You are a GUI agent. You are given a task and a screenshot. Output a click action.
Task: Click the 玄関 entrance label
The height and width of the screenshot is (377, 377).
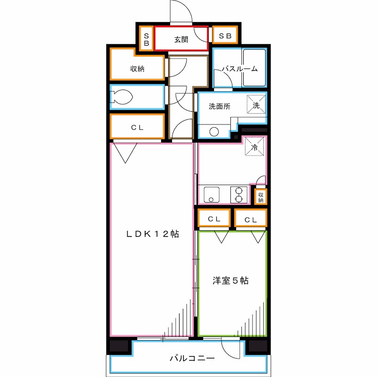pos(181,40)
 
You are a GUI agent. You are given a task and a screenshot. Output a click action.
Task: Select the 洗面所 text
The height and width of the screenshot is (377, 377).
pos(220,107)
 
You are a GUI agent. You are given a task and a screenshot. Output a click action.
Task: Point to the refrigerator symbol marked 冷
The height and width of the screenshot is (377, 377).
pos(254,148)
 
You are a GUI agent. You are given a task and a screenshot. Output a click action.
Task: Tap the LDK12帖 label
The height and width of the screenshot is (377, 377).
pos(152,234)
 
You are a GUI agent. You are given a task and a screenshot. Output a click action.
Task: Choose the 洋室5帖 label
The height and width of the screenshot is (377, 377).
pos(230,281)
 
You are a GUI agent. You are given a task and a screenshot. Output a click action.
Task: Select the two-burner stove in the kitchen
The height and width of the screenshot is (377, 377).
pos(238,194)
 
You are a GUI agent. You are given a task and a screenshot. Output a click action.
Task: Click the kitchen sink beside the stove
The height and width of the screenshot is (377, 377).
pos(212,194)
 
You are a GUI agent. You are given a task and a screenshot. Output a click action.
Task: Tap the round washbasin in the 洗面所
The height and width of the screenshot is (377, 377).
pos(214,132)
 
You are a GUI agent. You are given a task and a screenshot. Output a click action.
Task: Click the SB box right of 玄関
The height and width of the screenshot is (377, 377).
pos(225,36)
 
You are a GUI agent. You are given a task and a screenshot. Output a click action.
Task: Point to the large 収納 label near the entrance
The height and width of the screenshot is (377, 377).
pos(137,69)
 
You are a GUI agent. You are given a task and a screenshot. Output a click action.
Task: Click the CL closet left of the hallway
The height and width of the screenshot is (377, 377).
pos(137,127)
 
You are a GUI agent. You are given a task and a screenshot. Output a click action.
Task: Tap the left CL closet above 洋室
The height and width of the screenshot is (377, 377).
pos(214,219)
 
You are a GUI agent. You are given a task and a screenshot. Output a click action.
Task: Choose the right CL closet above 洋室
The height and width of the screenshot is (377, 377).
pos(251,219)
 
